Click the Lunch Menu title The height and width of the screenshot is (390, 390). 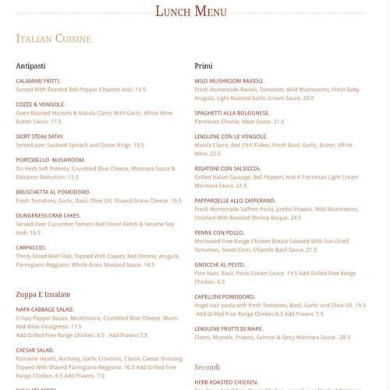pos(191,11)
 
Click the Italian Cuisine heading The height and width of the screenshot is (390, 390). pos(54,38)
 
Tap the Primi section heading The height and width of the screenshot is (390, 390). pos(204,66)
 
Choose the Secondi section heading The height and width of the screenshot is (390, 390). pos(207,366)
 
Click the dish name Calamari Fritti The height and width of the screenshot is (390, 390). pos(38,80)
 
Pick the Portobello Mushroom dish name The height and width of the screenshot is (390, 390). pos(51,159)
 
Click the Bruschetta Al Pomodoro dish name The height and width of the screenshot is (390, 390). pos(53,191)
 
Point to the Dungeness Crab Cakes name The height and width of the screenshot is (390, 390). pos(48,214)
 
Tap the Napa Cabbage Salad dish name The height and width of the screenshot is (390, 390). pos(44,310)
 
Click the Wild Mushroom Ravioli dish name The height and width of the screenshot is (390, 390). pos(229,80)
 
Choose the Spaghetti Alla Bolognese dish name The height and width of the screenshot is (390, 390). pos(232,112)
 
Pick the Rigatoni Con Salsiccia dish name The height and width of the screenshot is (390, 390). pos(228,168)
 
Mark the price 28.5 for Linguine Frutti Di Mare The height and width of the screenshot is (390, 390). pos(344,337)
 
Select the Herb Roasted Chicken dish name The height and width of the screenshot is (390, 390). pos(226,381)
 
